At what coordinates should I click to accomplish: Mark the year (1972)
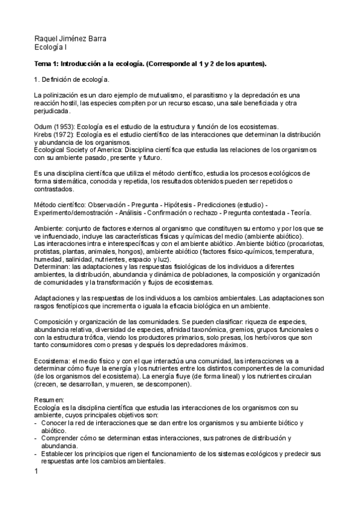pos(66,135)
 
